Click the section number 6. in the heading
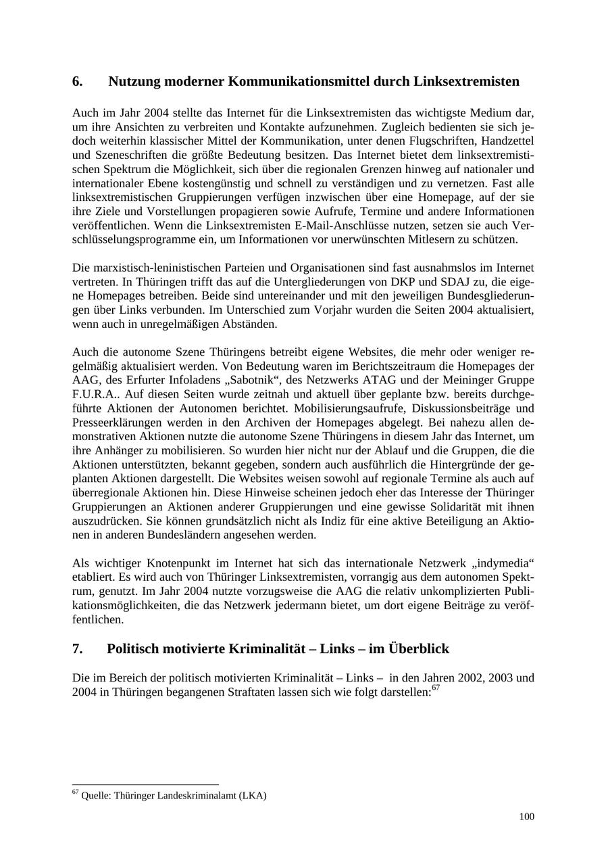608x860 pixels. click(78, 82)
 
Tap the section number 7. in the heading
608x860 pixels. click(78, 649)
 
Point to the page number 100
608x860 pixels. click(526, 817)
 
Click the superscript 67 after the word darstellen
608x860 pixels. click(436, 688)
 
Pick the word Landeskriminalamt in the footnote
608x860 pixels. click(195, 796)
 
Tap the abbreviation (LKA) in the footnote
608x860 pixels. click(253, 796)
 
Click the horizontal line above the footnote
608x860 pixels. click(145, 784)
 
